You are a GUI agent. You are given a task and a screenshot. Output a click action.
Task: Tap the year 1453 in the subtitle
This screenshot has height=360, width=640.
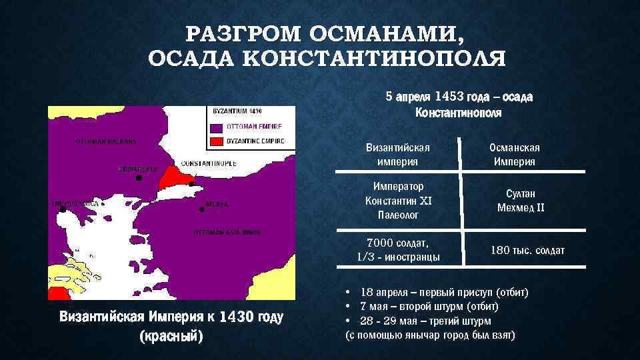point(455,97)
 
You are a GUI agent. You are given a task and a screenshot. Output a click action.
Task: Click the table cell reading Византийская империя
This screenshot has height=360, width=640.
point(398,154)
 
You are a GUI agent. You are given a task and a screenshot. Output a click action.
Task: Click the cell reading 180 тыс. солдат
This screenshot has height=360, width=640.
point(527,250)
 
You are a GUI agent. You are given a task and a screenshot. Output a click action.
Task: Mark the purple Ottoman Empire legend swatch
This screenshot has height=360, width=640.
point(217,126)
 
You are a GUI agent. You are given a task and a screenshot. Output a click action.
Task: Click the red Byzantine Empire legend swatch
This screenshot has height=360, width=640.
point(217,141)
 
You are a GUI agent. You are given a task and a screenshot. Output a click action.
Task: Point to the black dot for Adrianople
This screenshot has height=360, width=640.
point(138,179)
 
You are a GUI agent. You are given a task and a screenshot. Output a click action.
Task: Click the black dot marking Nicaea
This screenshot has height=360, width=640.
point(201,209)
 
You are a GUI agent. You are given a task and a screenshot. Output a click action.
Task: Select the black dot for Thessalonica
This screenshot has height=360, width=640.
point(63,209)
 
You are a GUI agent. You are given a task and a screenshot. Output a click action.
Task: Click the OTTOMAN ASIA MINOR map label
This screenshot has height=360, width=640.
point(227,232)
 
